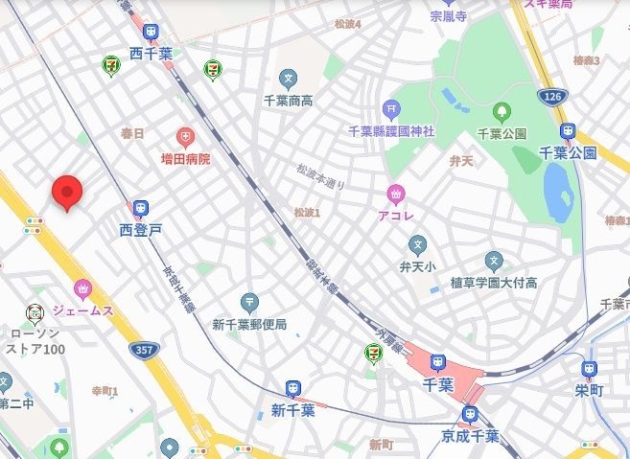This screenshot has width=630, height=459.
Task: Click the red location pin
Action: click(x=66, y=192)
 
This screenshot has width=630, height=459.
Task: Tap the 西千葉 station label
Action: click(x=152, y=55)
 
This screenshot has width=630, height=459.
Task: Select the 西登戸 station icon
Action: click(x=141, y=209)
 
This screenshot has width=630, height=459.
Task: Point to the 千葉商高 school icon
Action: click(x=289, y=79)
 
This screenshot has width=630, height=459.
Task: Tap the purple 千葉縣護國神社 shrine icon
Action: click(x=390, y=109)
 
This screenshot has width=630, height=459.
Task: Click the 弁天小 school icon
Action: click(x=417, y=245)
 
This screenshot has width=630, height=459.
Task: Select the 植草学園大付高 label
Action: click(x=494, y=283)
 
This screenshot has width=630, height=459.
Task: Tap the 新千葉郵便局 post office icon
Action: click(x=250, y=303)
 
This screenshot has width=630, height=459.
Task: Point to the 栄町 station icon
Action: click(x=589, y=369)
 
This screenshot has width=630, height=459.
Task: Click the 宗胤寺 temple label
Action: click(x=448, y=16)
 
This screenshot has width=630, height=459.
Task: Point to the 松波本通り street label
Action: click(x=320, y=177)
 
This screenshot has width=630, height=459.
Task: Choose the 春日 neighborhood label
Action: click(x=132, y=133)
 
